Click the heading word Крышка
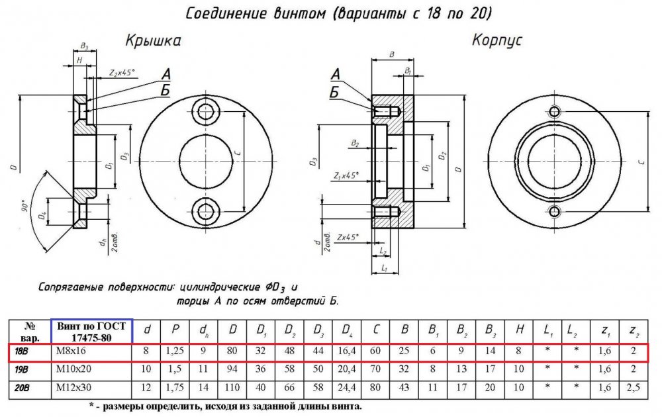point(154,41)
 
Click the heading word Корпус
point(497,40)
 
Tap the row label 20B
point(23,388)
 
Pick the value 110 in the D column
point(232,387)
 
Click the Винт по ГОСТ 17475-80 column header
point(91,332)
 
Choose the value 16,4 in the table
point(347,351)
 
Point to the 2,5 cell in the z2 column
point(634,387)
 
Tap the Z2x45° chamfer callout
point(122,73)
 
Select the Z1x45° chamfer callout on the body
point(346,175)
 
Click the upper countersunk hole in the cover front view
point(206,111)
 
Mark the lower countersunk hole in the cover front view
point(206,211)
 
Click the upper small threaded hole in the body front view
point(555,111)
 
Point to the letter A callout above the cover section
point(166,74)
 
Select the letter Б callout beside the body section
point(334,91)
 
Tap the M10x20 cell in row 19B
point(73,369)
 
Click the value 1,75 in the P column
point(175,387)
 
